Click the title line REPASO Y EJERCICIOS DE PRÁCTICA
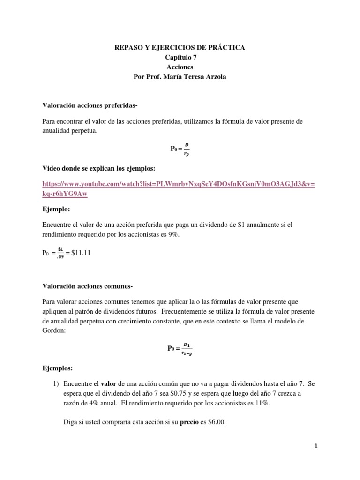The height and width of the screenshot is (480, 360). coord(180,47)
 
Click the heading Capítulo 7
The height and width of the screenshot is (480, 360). coord(180,57)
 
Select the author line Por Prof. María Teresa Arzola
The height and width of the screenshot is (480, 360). coord(180,77)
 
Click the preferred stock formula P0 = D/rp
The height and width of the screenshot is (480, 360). coord(180,149)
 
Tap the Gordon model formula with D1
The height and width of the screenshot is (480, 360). coord(180,348)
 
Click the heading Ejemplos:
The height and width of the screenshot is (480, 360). coord(58,368)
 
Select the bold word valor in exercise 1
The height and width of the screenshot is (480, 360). coord(109,383)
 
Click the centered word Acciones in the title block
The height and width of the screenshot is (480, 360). coord(180,67)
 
